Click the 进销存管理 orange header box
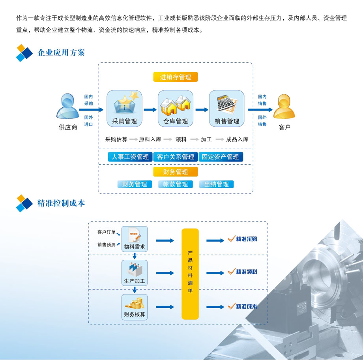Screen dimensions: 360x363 [x=175, y=77]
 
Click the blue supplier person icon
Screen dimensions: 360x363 [x=67, y=106]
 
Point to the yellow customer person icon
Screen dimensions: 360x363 [x=284, y=107]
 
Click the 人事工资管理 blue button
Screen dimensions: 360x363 [x=130, y=157]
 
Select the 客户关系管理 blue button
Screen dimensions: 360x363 [x=176, y=157]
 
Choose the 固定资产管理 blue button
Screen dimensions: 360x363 [x=221, y=157]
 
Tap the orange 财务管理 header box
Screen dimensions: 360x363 [x=176, y=172]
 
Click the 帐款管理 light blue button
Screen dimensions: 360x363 [x=176, y=184]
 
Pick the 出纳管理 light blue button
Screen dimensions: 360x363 [x=216, y=184]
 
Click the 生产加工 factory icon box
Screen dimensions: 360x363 [x=135, y=273]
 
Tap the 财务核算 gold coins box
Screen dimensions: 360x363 [x=135, y=307]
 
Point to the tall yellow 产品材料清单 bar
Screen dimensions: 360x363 [x=190, y=274]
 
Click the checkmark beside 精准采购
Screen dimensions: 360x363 [x=232, y=239]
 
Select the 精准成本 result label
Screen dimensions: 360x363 [x=247, y=306]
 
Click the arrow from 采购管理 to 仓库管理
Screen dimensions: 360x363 [x=150, y=110]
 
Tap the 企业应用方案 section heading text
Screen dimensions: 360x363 [x=61, y=52]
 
